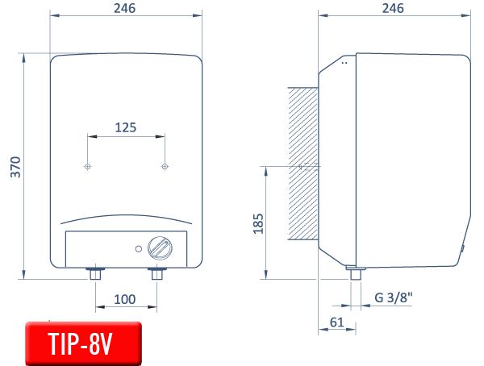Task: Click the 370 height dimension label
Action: coord(16,167)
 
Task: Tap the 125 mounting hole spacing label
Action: coord(126,127)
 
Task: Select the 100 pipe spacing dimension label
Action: coord(125,299)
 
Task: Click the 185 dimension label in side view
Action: coord(258,223)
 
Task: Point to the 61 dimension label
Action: coord(336,322)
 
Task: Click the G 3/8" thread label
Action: coord(394,297)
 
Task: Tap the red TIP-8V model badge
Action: coord(83,343)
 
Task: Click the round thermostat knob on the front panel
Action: coord(160,247)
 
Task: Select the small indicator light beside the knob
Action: coord(139,249)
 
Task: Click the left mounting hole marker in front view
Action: coord(88,167)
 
